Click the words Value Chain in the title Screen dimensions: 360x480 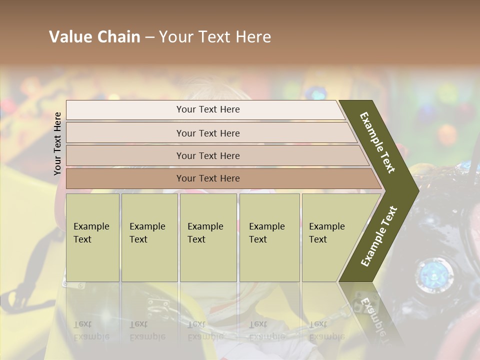94,37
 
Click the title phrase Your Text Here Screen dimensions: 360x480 215,37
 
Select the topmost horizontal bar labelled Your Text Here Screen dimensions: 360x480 208,109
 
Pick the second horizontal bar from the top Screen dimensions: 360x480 208,133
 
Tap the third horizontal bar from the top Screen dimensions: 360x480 208,155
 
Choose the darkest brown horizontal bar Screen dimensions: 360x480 208,178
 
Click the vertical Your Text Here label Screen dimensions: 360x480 57,143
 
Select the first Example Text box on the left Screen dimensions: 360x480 92,237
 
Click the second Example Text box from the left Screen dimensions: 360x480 149,237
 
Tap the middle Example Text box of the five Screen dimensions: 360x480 208,237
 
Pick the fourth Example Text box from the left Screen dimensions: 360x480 269,237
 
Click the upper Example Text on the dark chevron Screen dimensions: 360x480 377,142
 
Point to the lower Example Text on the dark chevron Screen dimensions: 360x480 379,236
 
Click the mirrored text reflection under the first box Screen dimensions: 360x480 91,330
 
